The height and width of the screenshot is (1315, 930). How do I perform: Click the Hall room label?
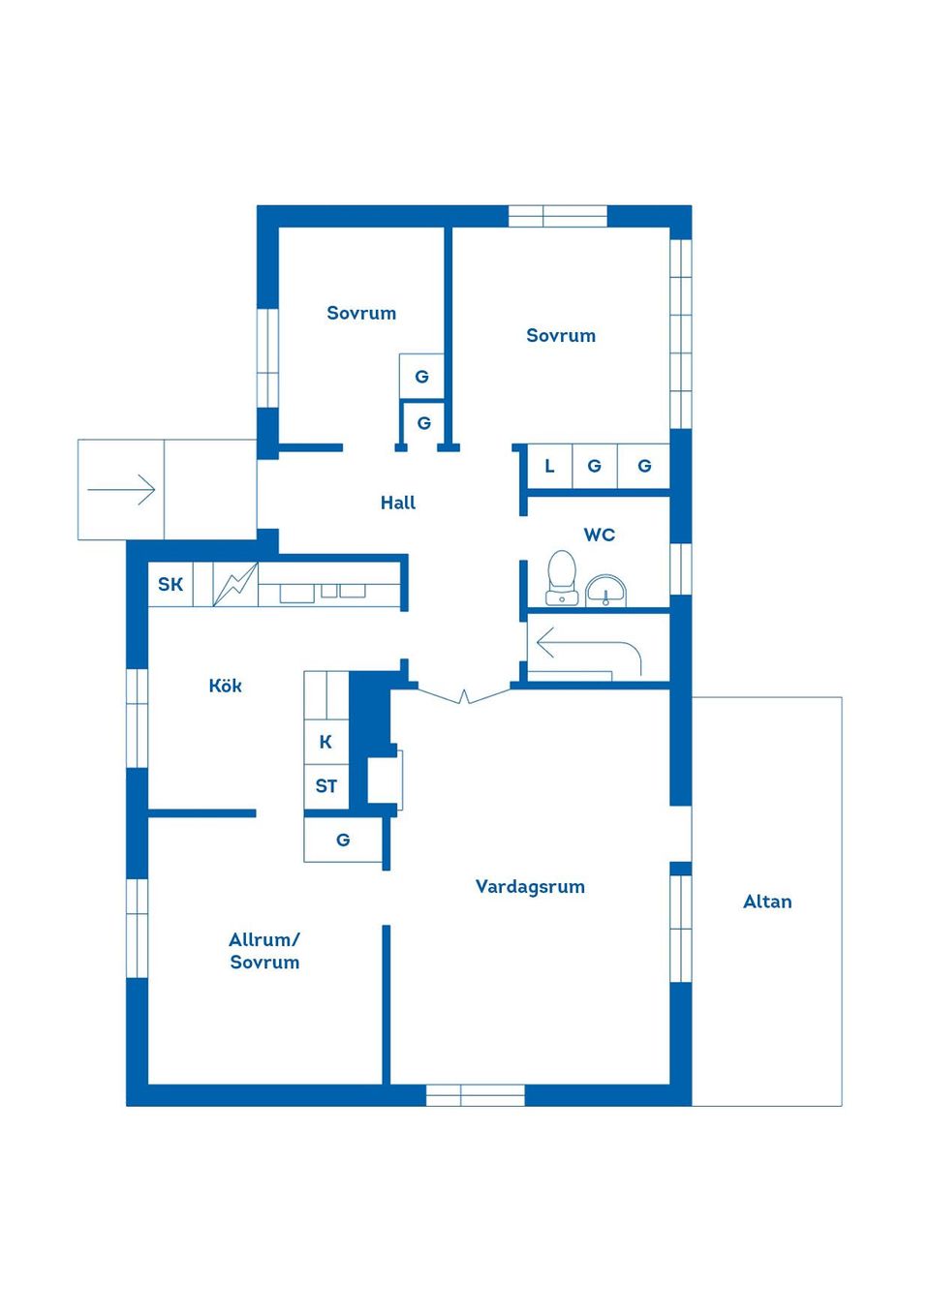[x=397, y=503]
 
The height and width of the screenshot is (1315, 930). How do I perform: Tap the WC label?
[x=599, y=535]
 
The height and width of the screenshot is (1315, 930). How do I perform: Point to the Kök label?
[x=225, y=686]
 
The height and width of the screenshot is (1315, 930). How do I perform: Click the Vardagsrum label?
[x=530, y=886]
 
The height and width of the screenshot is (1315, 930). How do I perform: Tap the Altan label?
[x=767, y=902]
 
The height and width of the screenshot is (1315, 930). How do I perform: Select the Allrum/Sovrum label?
[x=264, y=951]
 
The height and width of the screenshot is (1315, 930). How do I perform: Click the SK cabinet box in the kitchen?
[x=170, y=584]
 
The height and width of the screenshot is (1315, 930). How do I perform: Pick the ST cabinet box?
[x=326, y=786]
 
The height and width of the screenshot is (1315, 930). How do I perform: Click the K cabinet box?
[x=326, y=742]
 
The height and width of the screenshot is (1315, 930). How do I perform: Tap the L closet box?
[x=549, y=466]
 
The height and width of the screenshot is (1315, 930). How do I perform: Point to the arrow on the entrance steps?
[x=121, y=489]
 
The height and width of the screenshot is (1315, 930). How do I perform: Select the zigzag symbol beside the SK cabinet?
[x=235, y=585]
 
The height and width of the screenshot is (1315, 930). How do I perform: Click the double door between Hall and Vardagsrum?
[x=464, y=694]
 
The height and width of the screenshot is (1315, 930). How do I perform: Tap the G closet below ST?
[x=343, y=840]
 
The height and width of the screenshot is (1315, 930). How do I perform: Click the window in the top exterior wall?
[x=557, y=216]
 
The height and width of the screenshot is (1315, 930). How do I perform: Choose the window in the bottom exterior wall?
[x=475, y=1095]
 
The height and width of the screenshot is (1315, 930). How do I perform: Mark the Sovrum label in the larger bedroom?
[x=561, y=335]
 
